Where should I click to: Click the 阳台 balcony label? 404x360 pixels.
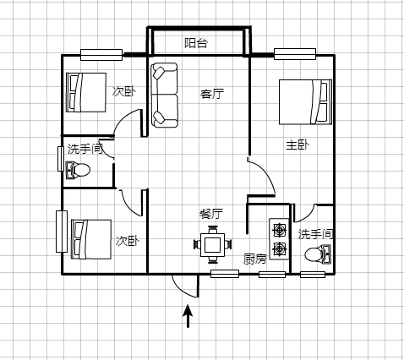196,43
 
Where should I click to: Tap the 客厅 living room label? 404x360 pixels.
212,94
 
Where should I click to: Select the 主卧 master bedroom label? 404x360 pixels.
298,145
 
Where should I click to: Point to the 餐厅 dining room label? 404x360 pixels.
211,214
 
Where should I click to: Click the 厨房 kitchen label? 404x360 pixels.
255,259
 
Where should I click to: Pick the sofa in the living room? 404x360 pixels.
165,95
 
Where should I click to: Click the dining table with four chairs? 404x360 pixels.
213,244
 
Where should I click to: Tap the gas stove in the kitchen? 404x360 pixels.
279,238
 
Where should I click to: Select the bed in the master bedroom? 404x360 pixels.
305,101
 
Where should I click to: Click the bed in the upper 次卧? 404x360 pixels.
86,92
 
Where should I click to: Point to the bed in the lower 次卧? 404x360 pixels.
91,239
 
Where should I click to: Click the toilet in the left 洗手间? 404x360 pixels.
78,170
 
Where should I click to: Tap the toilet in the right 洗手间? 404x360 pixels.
318,254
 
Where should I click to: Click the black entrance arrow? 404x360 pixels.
188,316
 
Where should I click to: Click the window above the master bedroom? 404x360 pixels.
295,54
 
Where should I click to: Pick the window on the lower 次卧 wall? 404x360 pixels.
62,232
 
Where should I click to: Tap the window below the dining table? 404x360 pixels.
225,274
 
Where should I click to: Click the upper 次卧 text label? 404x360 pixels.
124,91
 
